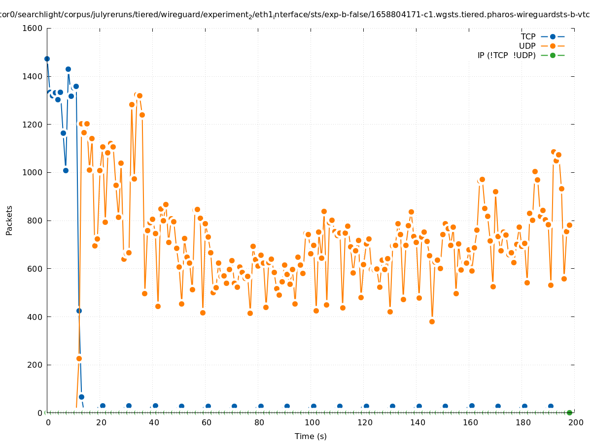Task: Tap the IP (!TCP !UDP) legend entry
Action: coord(507,55)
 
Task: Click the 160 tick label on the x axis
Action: coord(469,422)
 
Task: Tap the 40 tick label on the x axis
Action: coord(153,422)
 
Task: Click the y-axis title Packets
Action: coord(9,220)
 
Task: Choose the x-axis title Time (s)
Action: coord(311,436)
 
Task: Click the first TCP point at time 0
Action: coord(47,59)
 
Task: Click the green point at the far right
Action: coord(569,412)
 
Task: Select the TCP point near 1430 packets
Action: coord(68,69)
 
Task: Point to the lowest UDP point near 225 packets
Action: coord(79,358)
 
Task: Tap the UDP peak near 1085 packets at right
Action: coord(554,152)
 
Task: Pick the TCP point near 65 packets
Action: coord(81,397)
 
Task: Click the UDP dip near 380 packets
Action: coord(432,321)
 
